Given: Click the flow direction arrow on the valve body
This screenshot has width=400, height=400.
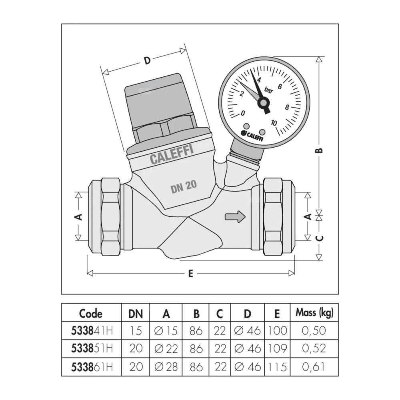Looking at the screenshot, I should (x=235, y=217).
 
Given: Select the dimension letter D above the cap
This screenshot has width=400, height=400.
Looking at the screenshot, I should (x=147, y=61).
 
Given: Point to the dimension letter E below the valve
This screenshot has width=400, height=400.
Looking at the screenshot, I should (x=191, y=274).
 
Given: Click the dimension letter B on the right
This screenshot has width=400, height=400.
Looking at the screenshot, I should (x=319, y=150).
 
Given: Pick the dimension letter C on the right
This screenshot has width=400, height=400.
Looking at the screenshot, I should (x=319, y=238).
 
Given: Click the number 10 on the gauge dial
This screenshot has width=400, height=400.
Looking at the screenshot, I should (x=274, y=122).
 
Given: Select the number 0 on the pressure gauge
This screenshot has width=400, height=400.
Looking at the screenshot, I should (x=243, y=113).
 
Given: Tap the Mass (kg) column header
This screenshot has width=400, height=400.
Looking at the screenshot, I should (x=314, y=313).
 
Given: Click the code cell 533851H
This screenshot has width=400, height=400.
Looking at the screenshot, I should (x=91, y=348).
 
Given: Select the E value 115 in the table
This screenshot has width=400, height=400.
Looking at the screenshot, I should (x=277, y=366).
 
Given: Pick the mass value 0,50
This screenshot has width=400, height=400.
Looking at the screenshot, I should (x=314, y=330).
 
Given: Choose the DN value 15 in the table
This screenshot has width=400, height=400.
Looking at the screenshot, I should (x=136, y=330).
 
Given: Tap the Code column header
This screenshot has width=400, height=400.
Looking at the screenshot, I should (x=91, y=313).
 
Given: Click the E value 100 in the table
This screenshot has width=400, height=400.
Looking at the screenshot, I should (x=277, y=330).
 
